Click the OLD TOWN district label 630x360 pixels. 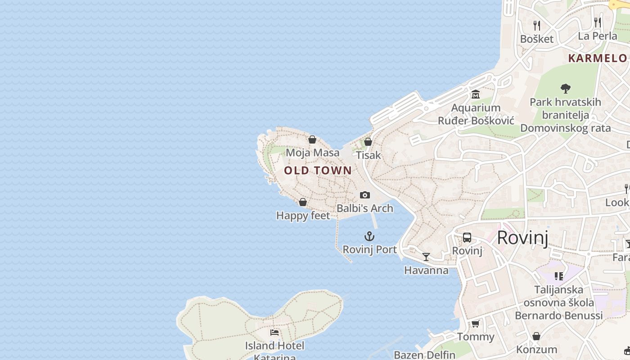318,171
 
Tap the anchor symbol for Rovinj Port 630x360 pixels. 369,236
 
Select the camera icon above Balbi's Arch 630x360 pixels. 365,195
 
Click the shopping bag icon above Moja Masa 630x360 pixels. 312,139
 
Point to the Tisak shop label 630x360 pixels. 368,155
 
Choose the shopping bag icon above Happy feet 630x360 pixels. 303,202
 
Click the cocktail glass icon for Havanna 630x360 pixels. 426,257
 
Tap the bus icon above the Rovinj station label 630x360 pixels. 467,237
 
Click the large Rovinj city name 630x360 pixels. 522,238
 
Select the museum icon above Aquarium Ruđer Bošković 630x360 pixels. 476,94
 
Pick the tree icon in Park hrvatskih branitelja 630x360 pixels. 565,89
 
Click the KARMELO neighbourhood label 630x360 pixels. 597,58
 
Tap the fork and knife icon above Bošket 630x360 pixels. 536,25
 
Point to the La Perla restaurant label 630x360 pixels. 597,36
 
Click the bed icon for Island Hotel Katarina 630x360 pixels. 274,333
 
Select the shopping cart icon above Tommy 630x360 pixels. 475,324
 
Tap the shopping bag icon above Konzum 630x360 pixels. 536,336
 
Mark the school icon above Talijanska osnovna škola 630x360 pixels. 559,276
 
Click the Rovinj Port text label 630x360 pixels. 369,249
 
